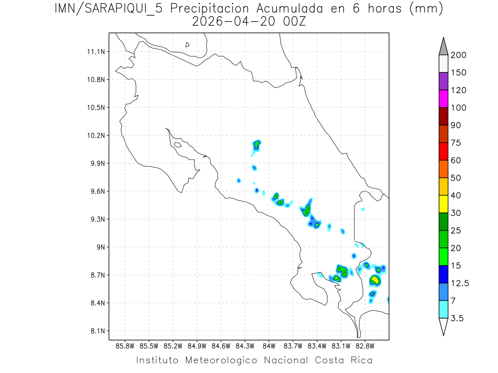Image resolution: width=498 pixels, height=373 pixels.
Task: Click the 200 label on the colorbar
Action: (459, 55)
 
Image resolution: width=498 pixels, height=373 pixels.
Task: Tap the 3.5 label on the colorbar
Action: (457, 318)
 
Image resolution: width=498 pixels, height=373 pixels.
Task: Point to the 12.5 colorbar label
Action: (459, 283)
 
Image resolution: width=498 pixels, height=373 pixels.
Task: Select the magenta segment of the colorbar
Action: (443, 99)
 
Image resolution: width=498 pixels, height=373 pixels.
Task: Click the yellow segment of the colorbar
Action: (443, 204)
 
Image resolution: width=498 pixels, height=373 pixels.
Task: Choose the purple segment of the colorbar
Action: (443, 81)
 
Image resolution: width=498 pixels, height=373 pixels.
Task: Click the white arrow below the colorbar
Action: (443, 326)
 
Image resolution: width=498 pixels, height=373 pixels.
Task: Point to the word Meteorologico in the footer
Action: (222, 360)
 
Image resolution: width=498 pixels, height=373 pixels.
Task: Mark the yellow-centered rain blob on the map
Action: (375, 280)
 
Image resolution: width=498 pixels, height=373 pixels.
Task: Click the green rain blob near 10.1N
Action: (257, 145)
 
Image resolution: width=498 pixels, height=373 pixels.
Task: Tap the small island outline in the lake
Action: (188, 44)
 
